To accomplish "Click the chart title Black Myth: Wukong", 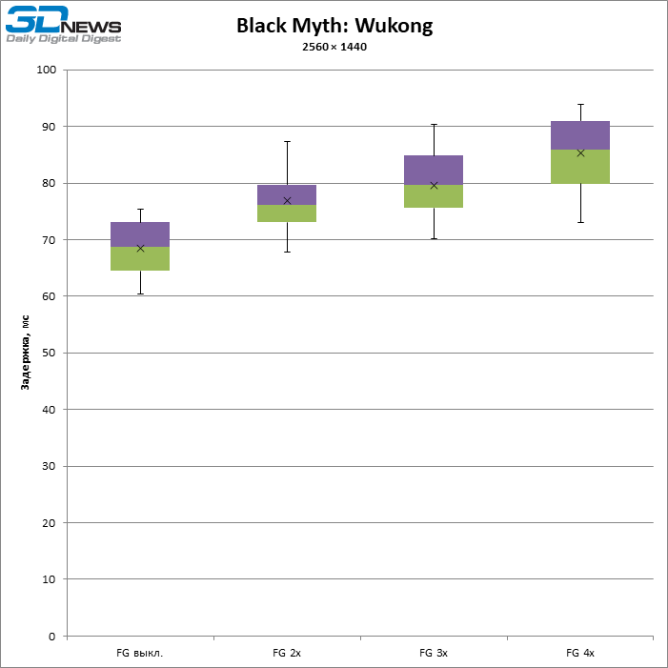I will [334, 26].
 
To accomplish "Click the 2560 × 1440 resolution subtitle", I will [334, 47].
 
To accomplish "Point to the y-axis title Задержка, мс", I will [27, 353].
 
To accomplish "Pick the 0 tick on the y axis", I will [53, 636].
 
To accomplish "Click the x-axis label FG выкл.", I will [140, 653].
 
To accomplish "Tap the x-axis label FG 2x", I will [287, 653].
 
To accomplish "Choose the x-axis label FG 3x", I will [434, 653].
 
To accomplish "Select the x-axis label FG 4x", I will [580, 653].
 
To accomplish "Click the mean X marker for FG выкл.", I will [140, 248].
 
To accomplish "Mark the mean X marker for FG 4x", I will [580, 152].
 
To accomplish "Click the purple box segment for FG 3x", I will [434, 170].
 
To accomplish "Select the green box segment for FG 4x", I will [580, 167].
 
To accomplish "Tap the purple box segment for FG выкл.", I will [140, 234].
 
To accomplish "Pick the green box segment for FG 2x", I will [287, 213].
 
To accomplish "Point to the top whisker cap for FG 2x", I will [287, 141].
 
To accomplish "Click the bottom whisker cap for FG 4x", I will [580, 222].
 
